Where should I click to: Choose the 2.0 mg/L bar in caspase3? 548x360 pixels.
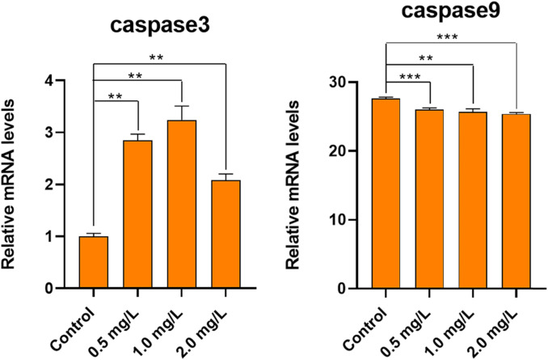click(x=225, y=234)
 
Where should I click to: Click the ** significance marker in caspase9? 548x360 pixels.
click(x=429, y=58)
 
